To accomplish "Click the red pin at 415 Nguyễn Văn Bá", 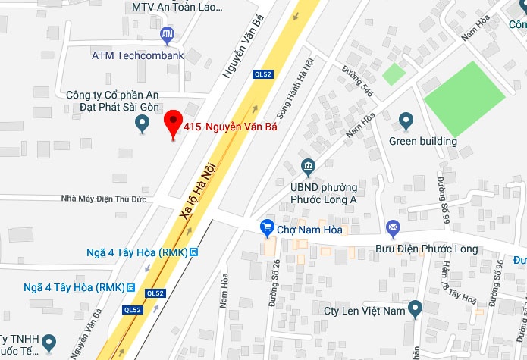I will (174, 124).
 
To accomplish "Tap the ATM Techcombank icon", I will (168, 34).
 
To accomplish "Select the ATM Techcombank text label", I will (137, 55).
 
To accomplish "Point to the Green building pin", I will (406, 119).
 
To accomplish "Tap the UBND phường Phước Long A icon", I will (308, 166).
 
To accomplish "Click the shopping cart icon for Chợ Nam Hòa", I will (266, 227).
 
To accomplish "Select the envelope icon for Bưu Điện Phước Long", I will (394, 227).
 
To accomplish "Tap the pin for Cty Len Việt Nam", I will (415, 308).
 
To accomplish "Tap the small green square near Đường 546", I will (393, 74).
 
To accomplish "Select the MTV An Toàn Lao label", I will (177, 7).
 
